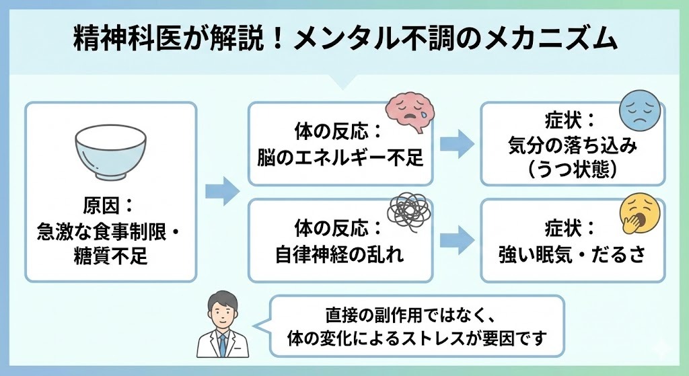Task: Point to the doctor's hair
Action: [x=221, y=300]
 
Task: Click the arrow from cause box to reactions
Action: [x=222, y=191]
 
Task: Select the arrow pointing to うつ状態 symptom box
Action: [x=456, y=143]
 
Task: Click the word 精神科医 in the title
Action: [x=112, y=40]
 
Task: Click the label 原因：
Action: [x=110, y=206]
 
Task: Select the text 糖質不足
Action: [x=110, y=256]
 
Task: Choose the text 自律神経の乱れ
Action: [x=339, y=255]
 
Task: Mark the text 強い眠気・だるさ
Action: [x=572, y=255]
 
